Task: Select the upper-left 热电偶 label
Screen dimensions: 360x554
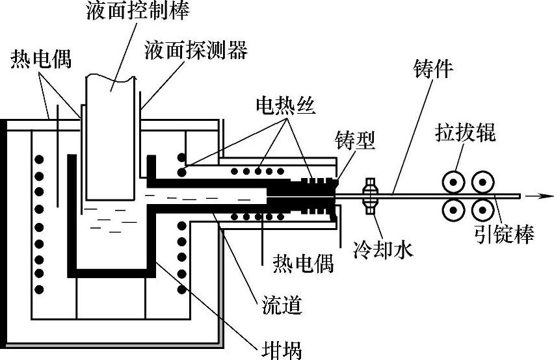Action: (41, 60)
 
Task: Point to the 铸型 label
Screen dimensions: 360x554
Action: (354, 141)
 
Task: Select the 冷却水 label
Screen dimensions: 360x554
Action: (382, 249)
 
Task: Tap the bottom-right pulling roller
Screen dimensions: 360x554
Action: (482, 209)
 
